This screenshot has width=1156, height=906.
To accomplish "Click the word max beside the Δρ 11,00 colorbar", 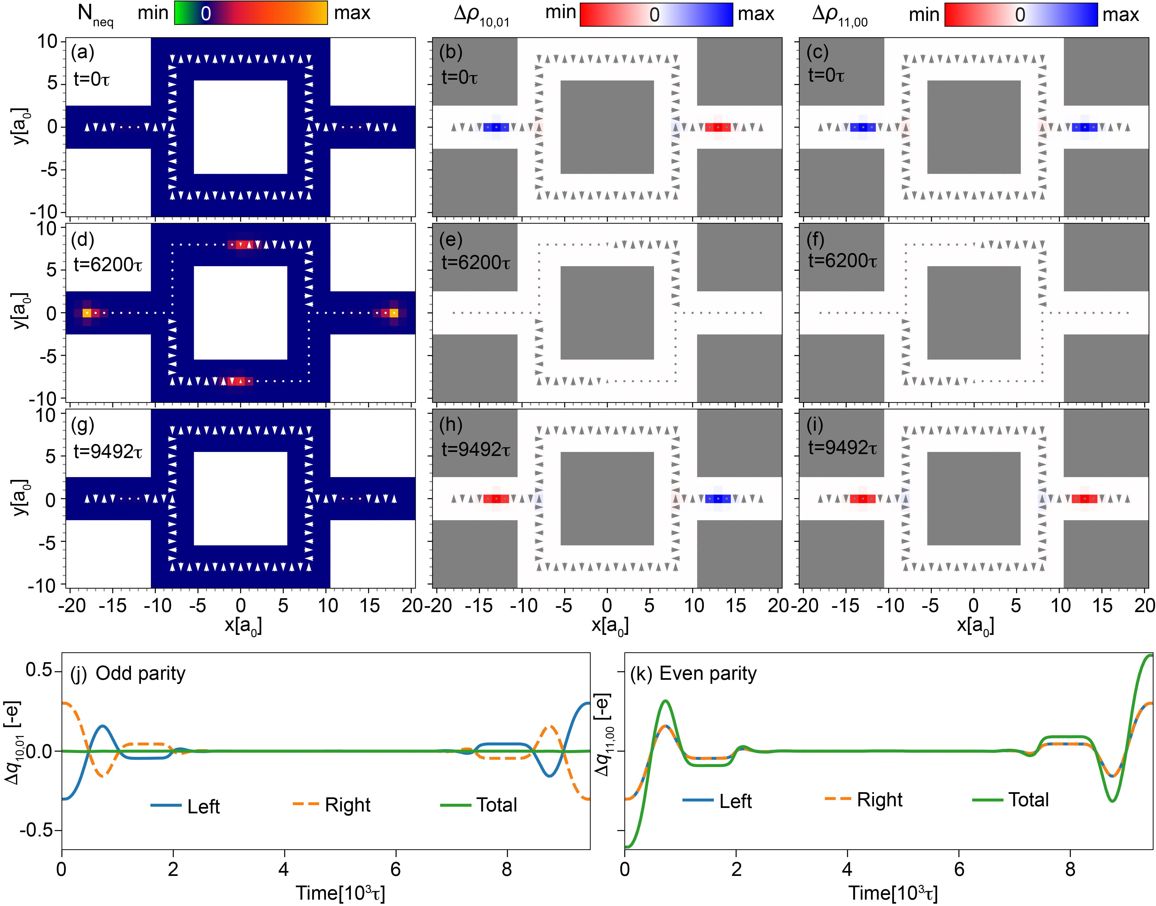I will click(x=1121, y=14).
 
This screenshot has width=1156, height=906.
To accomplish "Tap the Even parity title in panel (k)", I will click(x=708, y=674).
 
